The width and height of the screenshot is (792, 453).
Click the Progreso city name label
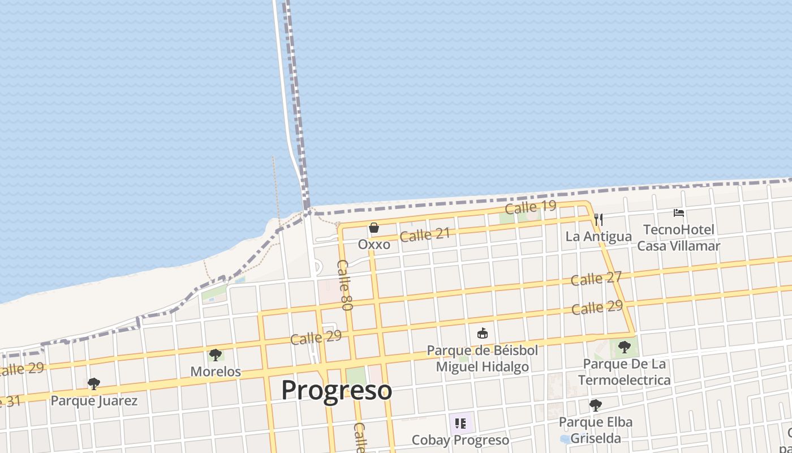pyautogui.click(x=337, y=391)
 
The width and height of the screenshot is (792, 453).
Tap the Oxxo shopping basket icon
pyautogui.click(x=374, y=228)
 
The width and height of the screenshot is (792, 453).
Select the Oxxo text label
pyautogui.click(x=374, y=245)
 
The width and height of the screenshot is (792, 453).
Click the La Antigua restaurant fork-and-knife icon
pyautogui.click(x=599, y=219)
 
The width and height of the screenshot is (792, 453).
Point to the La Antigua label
pyautogui.click(x=599, y=236)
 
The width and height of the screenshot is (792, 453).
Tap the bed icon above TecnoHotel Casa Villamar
pyautogui.click(x=679, y=213)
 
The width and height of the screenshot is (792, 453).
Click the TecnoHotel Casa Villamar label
pyautogui.click(x=679, y=238)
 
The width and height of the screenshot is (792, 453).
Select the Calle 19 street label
pyautogui.click(x=531, y=207)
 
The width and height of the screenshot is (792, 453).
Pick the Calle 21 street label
pyautogui.click(x=425, y=234)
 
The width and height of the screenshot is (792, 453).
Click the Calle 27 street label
pyautogui.click(x=596, y=279)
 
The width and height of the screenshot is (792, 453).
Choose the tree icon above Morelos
pyautogui.click(x=215, y=355)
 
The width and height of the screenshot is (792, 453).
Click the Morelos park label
pyautogui.click(x=216, y=372)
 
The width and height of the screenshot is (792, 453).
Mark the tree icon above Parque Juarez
pyautogui.click(x=94, y=384)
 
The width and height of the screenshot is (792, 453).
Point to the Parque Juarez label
pyautogui.click(x=94, y=401)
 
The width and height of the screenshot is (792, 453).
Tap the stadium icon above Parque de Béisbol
pyautogui.click(x=483, y=333)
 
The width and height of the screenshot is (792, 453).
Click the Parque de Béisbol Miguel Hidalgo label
pyautogui.click(x=483, y=358)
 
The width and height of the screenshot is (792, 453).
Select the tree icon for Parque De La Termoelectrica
pyautogui.click(x=624, y=347)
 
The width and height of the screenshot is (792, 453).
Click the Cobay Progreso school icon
pyautogui.click(x=460, y=423)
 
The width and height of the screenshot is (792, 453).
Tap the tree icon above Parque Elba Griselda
pyautogui.click(x=595, y=405)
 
